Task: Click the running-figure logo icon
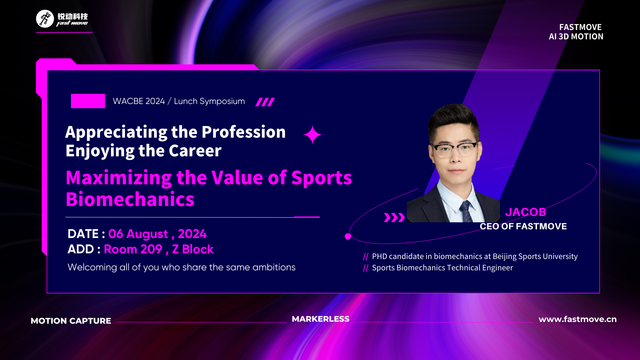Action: tap(45, 19)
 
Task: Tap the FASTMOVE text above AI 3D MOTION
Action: tap(580, 27)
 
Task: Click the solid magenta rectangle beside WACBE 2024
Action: tap(88, 101)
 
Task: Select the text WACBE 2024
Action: tap(139, 101)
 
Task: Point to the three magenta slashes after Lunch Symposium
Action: tap(265, 102)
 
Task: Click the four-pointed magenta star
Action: tap(312, 135)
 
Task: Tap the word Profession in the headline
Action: tap(244, 132)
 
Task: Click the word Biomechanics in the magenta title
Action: tap(130, 199)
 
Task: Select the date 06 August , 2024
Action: tap(157, 234)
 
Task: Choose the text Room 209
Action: tap(133, 249)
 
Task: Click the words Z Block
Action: tap(193, 249)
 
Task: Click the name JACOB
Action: tap(526, 212)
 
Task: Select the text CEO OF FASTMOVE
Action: tap(523, 226)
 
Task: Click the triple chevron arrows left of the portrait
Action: tap(394, 217)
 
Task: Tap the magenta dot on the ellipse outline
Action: tap(348, 236)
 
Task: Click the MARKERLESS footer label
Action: tap(321, 319)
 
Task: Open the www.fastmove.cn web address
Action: tap(578, 319)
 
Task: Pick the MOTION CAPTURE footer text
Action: tap(71, 321)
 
